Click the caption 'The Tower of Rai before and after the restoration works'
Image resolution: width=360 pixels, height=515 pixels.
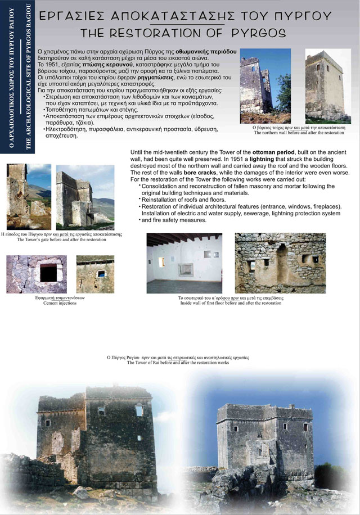[178, 363]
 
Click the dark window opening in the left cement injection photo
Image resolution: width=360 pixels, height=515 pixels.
[48, 273]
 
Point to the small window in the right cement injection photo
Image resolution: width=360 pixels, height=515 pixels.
[101, 274]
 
